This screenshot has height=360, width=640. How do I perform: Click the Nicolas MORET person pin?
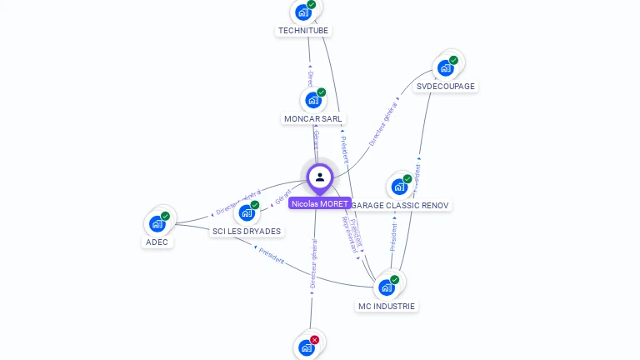320,177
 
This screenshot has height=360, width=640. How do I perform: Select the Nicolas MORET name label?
320,203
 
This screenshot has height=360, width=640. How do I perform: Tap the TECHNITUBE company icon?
303,12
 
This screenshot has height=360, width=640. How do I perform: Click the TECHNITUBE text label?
303,31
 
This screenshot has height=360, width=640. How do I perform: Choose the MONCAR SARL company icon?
313,100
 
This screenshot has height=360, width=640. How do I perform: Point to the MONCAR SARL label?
313,119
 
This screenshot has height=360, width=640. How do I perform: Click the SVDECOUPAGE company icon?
446,67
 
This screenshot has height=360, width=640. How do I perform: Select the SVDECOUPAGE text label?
446,86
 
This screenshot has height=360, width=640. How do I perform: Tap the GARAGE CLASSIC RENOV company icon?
399,187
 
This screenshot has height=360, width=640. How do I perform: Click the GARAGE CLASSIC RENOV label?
400,205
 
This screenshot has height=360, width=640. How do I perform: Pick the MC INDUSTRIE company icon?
386,287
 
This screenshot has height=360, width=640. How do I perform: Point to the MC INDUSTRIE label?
386,306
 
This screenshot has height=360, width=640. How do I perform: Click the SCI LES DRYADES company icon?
247,212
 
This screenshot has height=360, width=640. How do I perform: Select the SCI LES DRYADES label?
247,231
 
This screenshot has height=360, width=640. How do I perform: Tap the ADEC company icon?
157,223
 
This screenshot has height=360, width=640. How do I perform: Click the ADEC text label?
157,242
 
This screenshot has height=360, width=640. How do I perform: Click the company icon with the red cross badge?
307,347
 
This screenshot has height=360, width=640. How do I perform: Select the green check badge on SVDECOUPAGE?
453,60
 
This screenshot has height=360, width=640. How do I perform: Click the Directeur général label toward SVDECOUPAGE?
384,122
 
